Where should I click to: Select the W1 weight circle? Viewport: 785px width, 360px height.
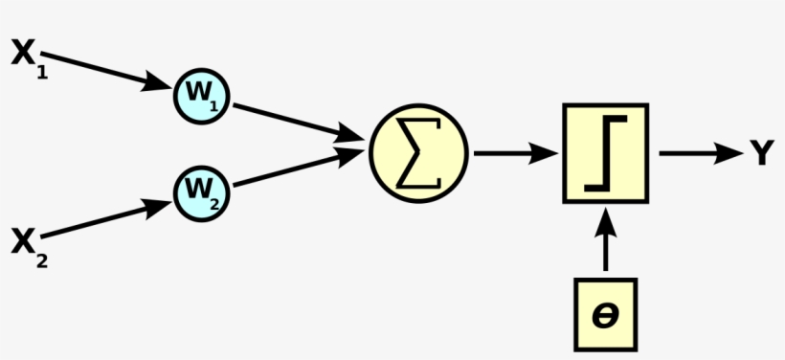pos(202,95)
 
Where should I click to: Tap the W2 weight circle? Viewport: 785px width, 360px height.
pos(202,192)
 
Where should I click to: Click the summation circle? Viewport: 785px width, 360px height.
pos(418,153)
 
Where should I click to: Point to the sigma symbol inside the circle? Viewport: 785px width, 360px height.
pos(418,153)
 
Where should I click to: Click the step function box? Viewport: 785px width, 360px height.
pos(605,153)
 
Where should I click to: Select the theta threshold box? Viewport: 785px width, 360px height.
pos(605,314)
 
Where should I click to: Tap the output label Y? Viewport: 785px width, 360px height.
pos(761,153)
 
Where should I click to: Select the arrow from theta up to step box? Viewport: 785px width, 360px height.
pos(605,239)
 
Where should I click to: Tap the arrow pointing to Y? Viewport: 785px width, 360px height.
pos(699,153)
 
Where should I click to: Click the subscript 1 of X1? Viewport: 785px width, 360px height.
pos(42,71)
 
